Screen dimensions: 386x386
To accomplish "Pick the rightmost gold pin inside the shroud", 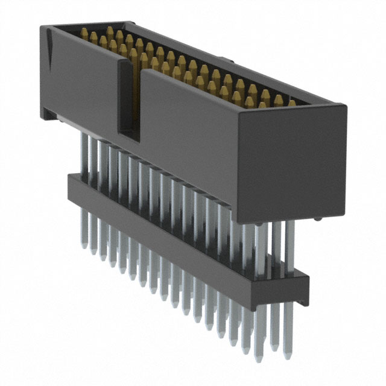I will click(x=291, y=103).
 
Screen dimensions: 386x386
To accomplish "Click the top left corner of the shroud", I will click(x=42, y=27).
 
